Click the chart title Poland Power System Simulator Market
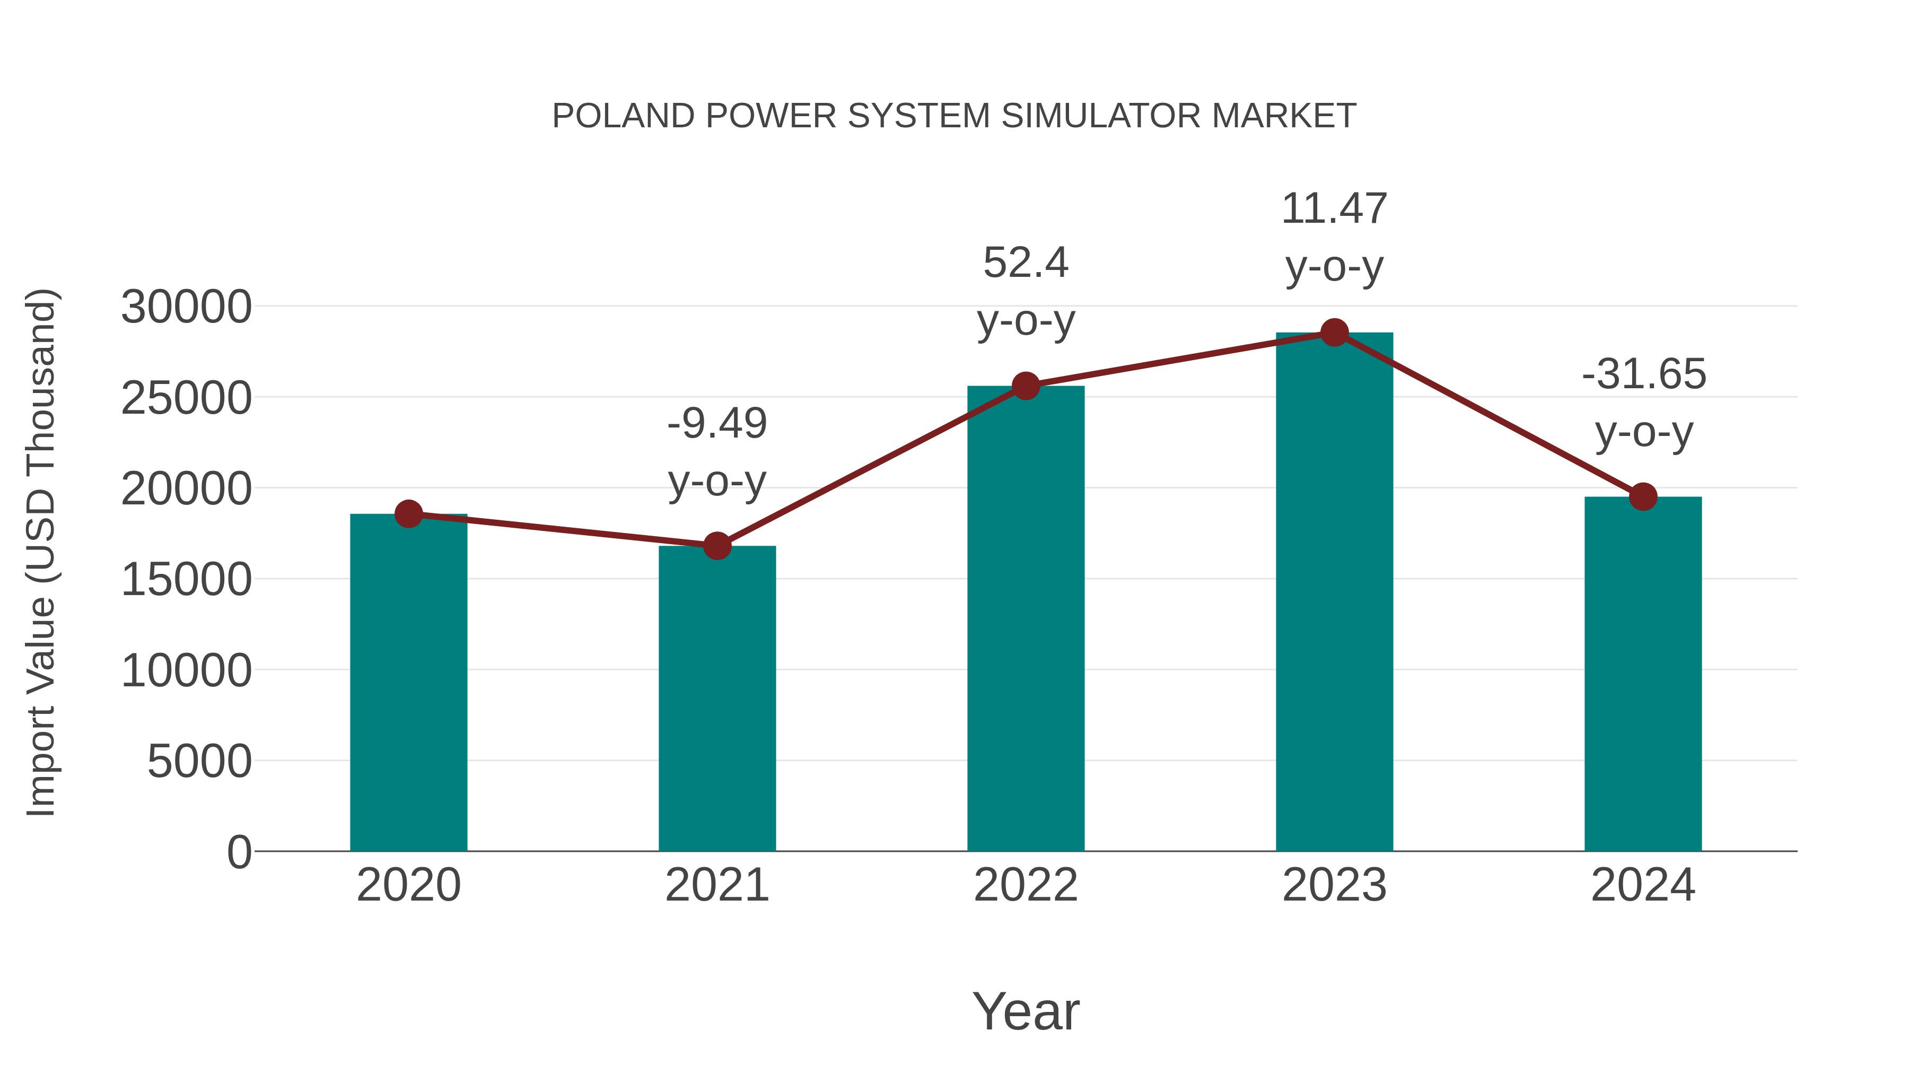954,116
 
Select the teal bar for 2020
408,682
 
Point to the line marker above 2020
408,513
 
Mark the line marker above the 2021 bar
716,546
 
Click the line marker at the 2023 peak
1334,333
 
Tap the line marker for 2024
1643,496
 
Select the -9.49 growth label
716,424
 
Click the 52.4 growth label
1026,263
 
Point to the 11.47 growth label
1334,209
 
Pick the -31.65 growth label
1643,374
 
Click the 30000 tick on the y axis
186,307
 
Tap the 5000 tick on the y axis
199,761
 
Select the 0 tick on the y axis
239,852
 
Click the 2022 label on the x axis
1026,885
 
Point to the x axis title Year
1026,1011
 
